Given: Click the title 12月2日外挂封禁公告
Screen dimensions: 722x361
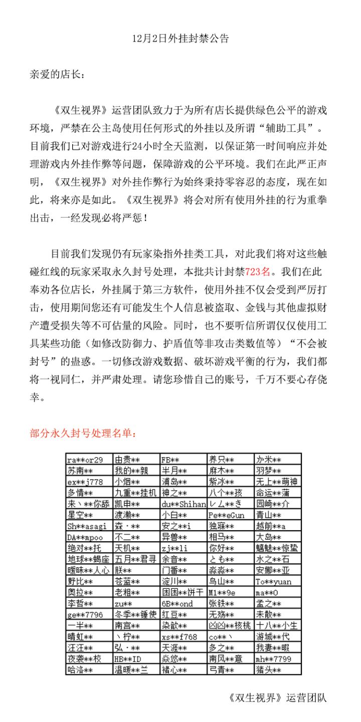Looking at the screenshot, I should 180,39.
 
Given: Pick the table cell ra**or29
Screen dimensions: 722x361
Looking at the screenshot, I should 85,460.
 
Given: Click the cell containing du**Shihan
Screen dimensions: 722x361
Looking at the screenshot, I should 184,504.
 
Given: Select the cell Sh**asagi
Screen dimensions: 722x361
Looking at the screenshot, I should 87,526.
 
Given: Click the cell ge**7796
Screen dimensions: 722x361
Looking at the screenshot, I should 85,614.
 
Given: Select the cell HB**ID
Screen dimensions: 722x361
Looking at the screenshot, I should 128,659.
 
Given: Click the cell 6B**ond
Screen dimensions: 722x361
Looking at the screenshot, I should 177,603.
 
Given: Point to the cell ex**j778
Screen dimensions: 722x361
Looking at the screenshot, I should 85,482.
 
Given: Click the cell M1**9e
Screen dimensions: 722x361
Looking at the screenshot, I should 222,592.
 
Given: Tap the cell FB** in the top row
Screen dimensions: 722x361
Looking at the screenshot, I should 170,460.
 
